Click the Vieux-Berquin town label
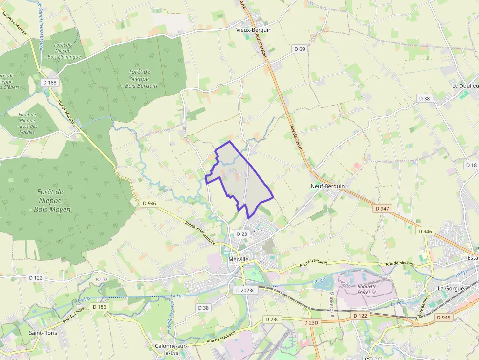[x=253, y=30]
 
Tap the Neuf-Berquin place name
[x=327, y=186]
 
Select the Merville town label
[x=239, y=259]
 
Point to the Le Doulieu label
[x=465, y=85]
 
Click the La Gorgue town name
[x=450, y=288]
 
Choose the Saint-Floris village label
[x=43, y=333]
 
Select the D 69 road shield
[x=300, y=49]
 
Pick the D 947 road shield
[x=383, y=208]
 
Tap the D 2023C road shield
[x=245, y=290]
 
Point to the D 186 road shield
[x=99, y=307]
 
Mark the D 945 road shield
[x=443, y=318]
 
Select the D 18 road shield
[x=471, y=165]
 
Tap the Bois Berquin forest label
[x=140, y=79]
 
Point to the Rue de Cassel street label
[x=296, y=138]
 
